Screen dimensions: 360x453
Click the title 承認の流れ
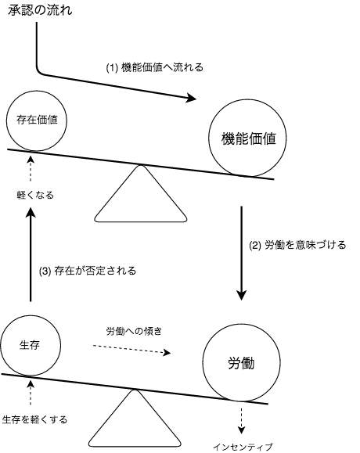(x=40, y=10)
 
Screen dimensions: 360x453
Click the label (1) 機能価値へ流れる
(x=155, y=67)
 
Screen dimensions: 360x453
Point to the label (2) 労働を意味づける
(x=297, y=245)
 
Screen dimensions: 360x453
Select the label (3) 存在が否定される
(x=88, y=271)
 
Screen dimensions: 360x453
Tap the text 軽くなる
(x=35, y=196)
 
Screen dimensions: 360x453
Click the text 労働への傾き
(x=134, y=331)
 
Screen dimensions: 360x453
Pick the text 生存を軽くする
(x=34, y=419)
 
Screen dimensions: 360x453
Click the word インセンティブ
(x=243, y=447)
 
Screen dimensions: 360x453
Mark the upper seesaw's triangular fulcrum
(x=141, y=194)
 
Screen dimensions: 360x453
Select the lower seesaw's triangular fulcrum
(x=135, y=419)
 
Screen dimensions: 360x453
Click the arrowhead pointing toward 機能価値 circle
(x=191, y=98)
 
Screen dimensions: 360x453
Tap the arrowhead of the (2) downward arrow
(x=241, y=295)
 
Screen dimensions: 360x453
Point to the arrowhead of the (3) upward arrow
(x=31, y=213)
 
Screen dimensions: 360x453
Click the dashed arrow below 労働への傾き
(x=131, y=349)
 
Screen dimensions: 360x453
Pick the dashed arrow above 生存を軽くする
(x=31, y=393)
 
